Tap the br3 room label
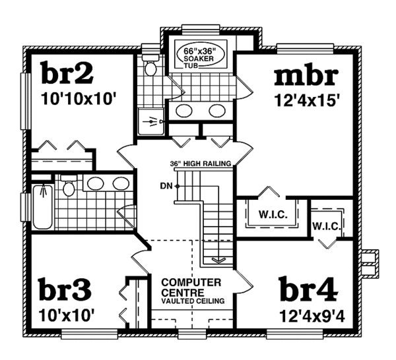pos(64,289)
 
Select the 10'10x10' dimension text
pos(79,100)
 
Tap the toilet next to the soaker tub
pos(150,67)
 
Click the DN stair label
pos(166,186)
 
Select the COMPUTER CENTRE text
pos(191,287)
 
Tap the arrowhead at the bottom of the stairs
pos(216,259)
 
